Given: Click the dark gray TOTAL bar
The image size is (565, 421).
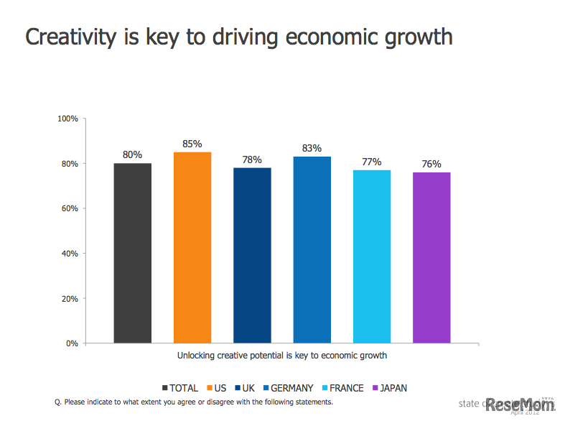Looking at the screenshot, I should (133, 253).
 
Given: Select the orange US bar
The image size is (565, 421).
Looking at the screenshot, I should (192, 247).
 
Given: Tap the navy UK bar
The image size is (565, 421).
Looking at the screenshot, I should (252, 255).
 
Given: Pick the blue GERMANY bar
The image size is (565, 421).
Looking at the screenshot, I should (312, 249).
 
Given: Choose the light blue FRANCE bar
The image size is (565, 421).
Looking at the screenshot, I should (372, 256).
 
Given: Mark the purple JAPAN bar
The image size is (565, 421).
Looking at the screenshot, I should (431, 257).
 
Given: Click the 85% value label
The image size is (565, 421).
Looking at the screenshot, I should (192, 144).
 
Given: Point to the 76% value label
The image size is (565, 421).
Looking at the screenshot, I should (431, 164).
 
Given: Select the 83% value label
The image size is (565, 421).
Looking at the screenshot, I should (312, 148).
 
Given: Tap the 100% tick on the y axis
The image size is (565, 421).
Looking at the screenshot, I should (67, 119).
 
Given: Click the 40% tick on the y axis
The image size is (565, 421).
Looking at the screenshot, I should (70, 254).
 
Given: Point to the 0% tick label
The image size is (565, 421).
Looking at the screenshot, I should (72, 343).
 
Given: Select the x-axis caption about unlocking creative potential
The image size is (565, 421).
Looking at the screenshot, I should (282, 356).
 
